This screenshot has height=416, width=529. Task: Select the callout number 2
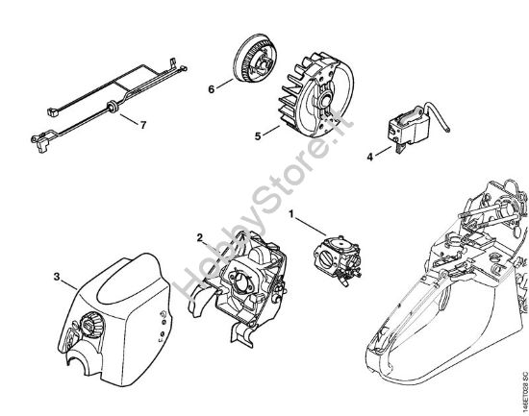tap(199, 238)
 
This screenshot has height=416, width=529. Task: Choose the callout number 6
tap(211, 89)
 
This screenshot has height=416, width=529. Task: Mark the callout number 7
tap(142, 125)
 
